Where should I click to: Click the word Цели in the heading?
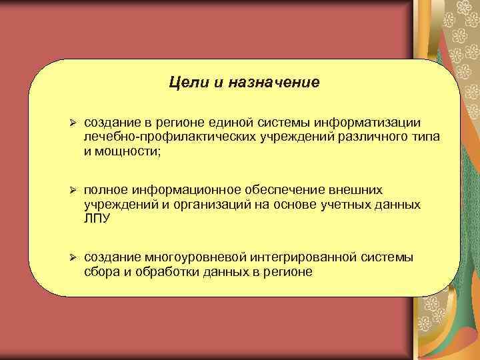tap(185, 83)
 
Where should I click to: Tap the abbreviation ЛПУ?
tap(98, 219)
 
